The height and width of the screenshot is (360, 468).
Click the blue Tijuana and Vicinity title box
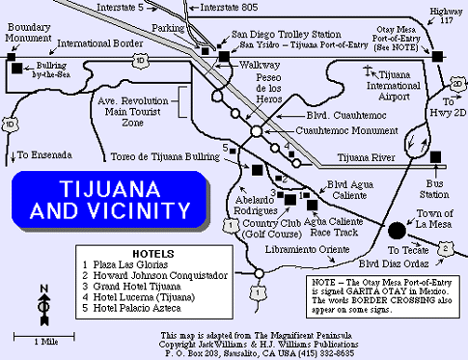pos(113,197)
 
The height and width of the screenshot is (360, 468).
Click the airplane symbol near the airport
pos(369,70)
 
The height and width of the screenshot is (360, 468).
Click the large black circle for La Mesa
pos(396,230)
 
